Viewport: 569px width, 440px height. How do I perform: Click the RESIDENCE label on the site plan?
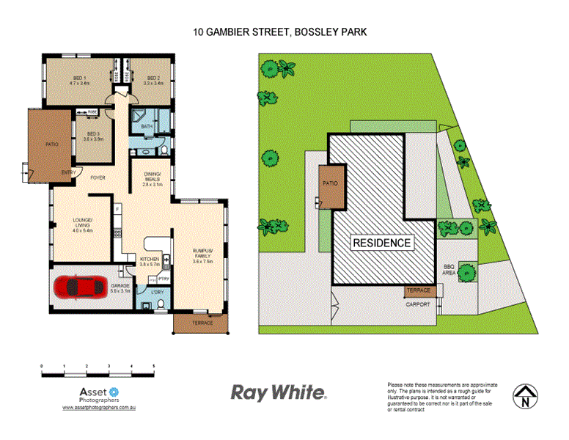[382, 242]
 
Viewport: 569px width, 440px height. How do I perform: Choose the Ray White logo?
[279, 393]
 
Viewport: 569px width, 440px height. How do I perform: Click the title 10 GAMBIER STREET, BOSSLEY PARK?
[279, 32]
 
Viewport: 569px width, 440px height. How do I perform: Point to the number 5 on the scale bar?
[153, 365]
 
